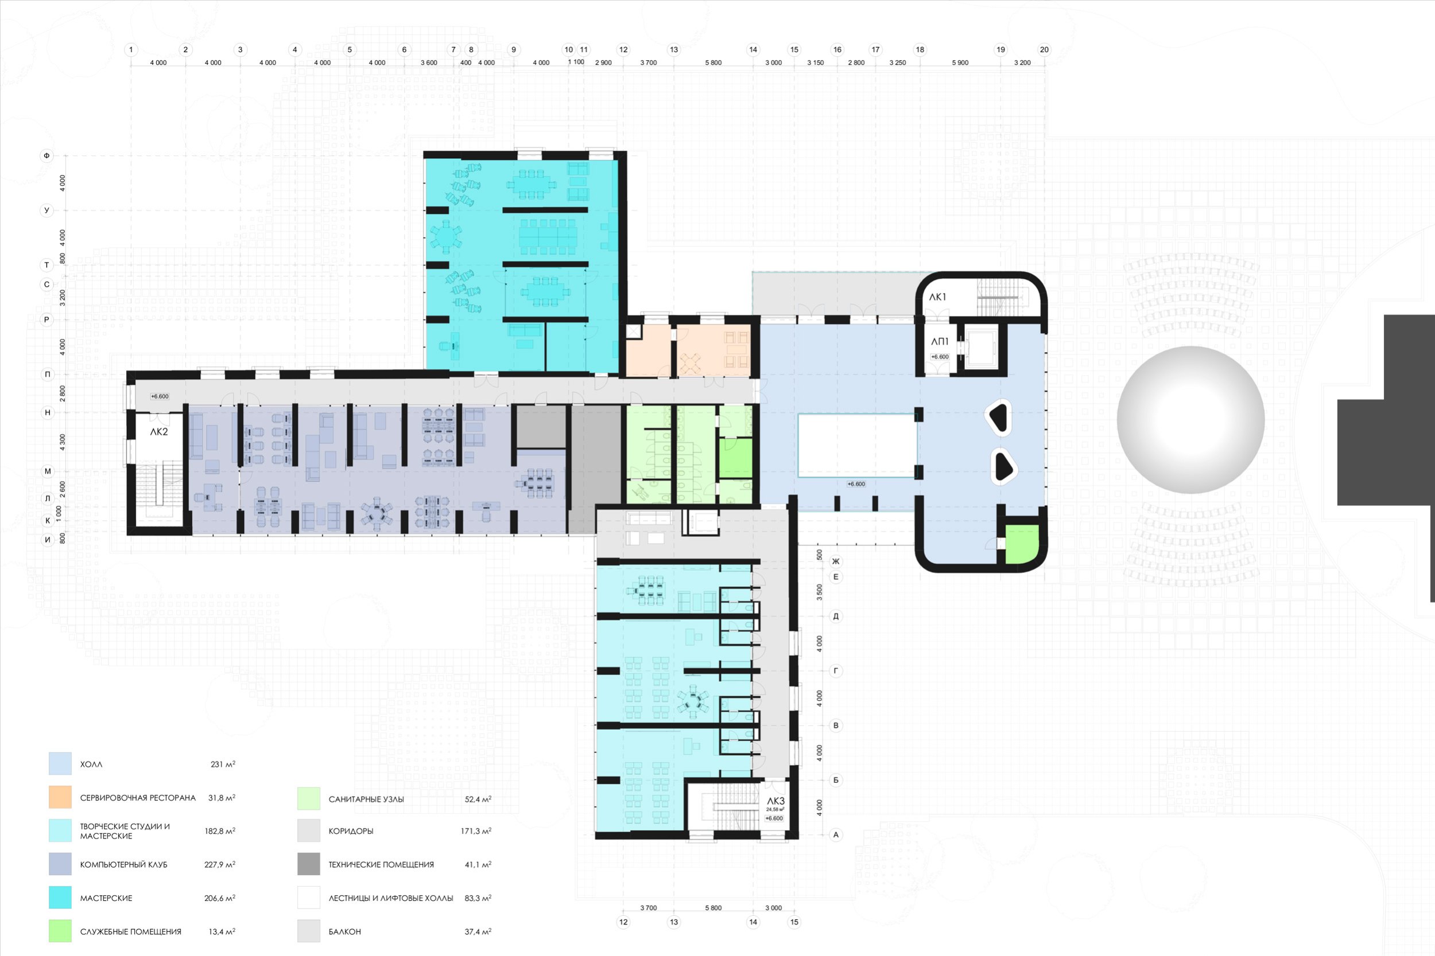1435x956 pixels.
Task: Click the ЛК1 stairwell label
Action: pyautogui.click(x=937, y=297)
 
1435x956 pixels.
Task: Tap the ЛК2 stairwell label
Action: pyautogui.click(x=158, y=432)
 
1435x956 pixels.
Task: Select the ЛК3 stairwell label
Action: pyautogui.click(x=775, y=801)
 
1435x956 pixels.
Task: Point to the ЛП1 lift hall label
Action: pyautogui.click(x=940, y=342)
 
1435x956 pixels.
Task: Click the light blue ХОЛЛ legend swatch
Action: pyautogui.click(x=60, y=764)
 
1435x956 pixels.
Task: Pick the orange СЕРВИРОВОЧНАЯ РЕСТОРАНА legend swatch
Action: pyautogui.click(x=60, y=798)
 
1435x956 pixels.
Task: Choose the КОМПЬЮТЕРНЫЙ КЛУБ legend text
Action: pyautogui.click(x=124, y=865)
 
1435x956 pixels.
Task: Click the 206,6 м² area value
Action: pyautogui.click(x=220, y=898)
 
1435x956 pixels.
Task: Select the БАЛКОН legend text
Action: pyautogui.click(x=345, y=931)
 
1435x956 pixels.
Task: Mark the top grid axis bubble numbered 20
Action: pyautogui.click(x=1045, y=49)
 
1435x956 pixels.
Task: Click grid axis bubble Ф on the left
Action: pyautogui.click(x=46, y=155)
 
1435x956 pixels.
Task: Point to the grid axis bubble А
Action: pyautogui.click(x=836, y=834)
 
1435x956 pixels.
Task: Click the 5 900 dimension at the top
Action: pyautogui.click(x=960, y=63)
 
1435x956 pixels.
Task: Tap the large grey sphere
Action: pyautogui.click(x=1190, y=419)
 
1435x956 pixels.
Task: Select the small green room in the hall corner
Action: pyautogui.click(x=1021, y=544)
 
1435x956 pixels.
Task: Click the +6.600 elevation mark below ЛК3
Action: pyautogui.click(x=774, y=818)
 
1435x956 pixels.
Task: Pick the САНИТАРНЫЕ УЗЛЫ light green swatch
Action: pyautogui.click(x=309, y=799)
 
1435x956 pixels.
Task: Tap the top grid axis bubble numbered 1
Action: pyautogui.click(x=130, y=49)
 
